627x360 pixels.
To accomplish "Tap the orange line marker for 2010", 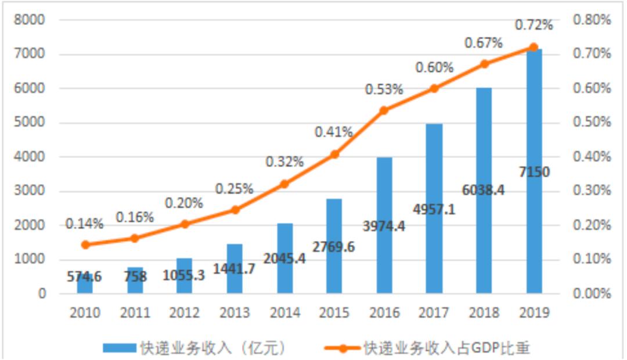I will tap(85, 244).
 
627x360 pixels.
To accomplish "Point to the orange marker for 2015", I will tap(334, 154).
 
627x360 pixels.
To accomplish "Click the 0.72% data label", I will tap(534, 26).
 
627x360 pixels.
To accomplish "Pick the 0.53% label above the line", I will tap(384, 90).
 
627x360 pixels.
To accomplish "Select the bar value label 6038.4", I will tap(484, 190).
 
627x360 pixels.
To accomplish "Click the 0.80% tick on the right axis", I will tap(592, 20).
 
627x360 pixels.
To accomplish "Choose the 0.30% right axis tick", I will tap(592, 191).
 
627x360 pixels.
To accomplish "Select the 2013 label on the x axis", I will tap(235, 313).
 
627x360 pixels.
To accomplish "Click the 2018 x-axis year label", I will tap(484, 313).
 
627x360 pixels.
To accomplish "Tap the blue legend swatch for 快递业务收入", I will tap(120, 348).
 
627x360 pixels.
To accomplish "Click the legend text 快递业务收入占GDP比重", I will tap(446, 348).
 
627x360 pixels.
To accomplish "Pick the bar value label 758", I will tap(135, 276).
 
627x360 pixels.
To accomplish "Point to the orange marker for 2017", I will tap(434, 88).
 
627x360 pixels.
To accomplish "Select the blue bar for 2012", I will tap(185, 276).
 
